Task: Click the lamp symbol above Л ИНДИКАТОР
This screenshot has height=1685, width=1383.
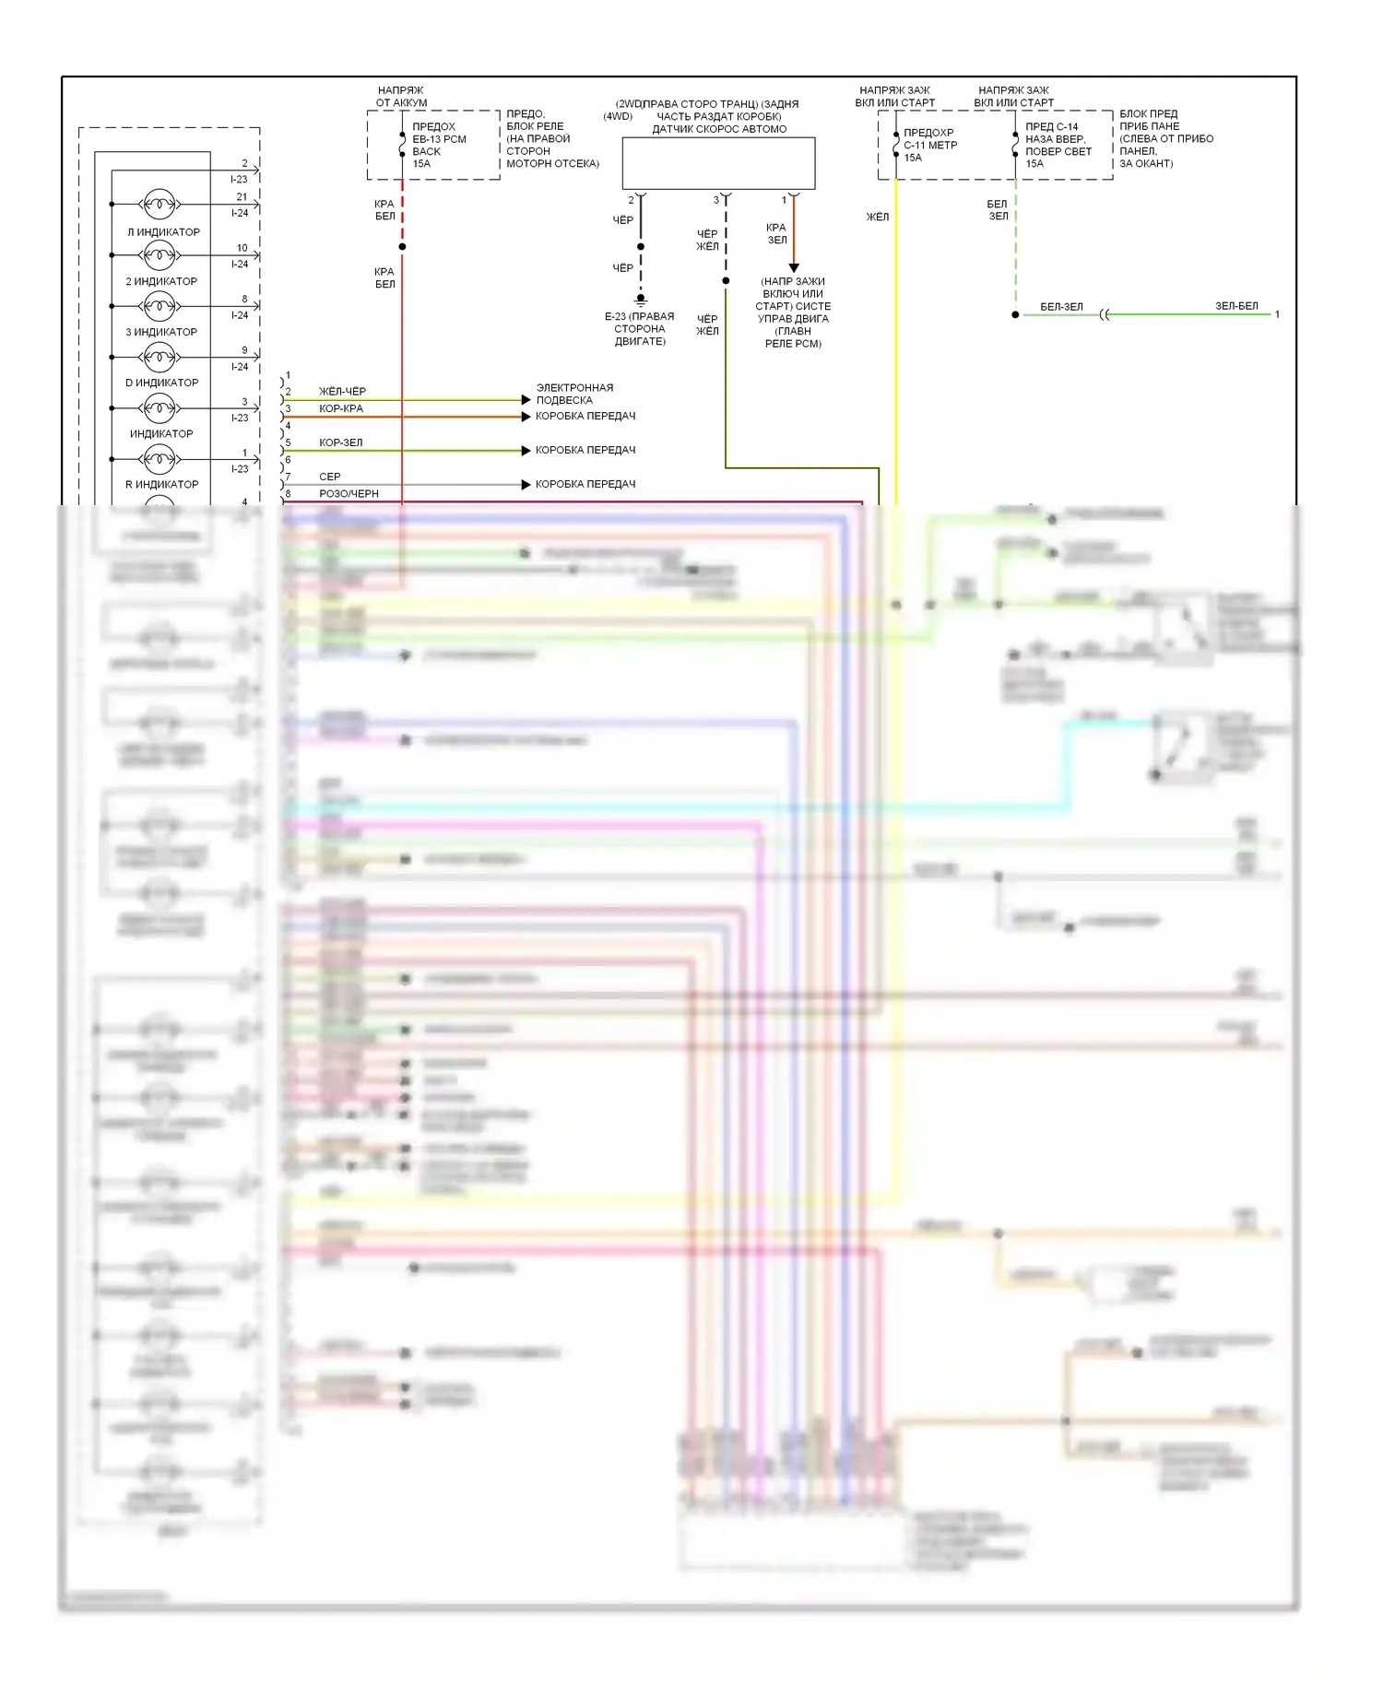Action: click(159, 204)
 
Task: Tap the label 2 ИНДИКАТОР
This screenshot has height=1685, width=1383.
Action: click(161, 281)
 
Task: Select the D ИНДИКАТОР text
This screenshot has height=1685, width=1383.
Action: click(161, 383)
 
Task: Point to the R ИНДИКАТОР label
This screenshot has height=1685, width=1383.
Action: click(161, 484)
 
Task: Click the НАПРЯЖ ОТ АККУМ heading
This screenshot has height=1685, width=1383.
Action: click(401, 97)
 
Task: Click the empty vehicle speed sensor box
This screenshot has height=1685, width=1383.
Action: click(718, 163)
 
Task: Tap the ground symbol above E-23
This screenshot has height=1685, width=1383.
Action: click(641, 300)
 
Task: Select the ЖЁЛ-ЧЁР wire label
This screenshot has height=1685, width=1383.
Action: click(342, 392)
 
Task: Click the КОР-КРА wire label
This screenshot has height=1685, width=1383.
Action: click(341, 408)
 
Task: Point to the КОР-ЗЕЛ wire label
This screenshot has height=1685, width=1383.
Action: click(341, 442)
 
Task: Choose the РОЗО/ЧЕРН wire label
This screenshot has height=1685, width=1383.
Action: click(349, 494)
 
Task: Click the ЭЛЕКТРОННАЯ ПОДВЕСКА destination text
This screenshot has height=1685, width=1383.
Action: click(574, 394)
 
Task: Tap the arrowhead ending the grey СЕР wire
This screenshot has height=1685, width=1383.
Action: click(526, 484)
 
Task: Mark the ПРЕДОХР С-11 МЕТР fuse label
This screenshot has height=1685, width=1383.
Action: click(929, 145)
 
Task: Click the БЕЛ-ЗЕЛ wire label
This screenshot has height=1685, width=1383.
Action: click(1061, 307)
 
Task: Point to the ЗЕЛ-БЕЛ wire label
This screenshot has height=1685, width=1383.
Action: click(1235, 306)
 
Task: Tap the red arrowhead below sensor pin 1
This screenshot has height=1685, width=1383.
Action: click(794, 268)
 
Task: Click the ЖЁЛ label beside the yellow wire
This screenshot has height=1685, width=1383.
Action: click(877, 217)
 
